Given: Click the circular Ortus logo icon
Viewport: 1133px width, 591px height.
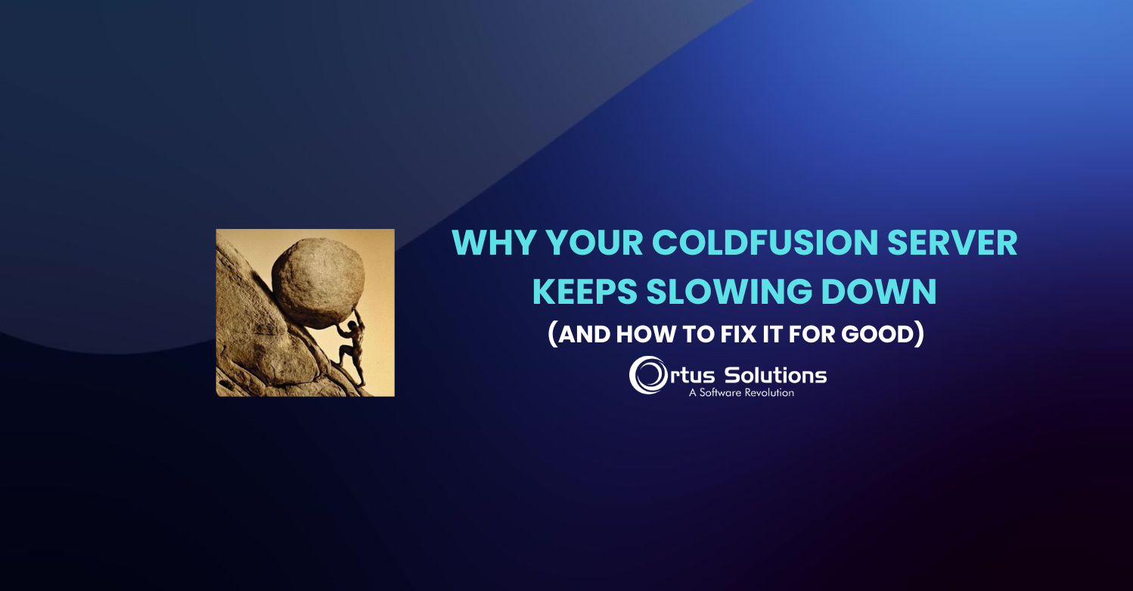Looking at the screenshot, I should [x=647, y=376].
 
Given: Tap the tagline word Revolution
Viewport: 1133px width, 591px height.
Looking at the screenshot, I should [x=768, y=393].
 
